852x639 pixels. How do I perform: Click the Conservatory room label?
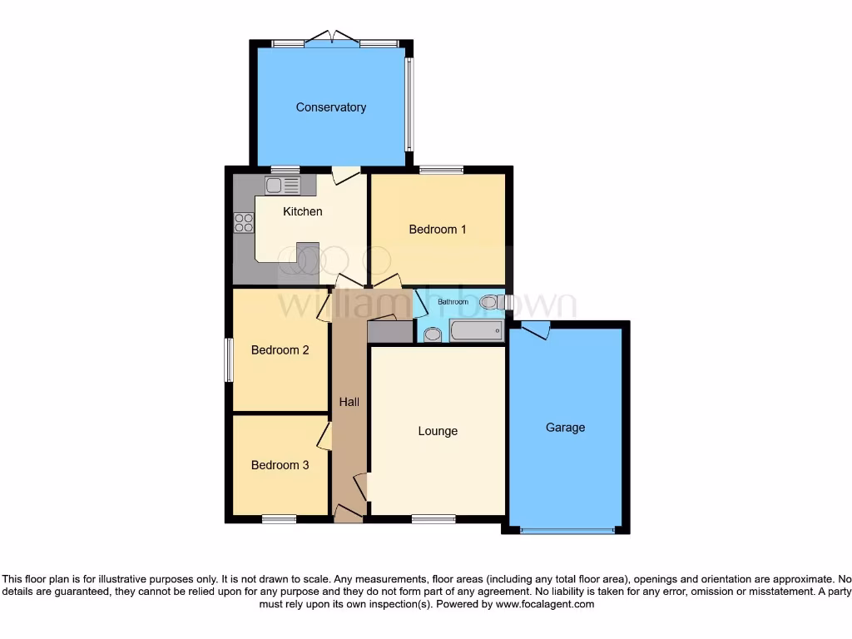(330, 107)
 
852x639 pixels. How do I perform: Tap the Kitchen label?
(302, 211)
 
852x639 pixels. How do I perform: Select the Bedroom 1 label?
(437, 229)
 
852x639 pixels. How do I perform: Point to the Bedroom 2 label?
(280, 350)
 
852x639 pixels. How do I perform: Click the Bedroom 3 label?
(280, 465)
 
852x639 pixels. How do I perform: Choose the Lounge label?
(438, 431)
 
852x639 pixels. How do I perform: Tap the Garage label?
(565, 428)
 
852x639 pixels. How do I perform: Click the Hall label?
(349, 402)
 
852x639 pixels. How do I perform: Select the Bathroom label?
(453, 301)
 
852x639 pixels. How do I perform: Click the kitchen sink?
(283, 185)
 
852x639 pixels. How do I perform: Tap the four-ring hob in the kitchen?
(244, 222)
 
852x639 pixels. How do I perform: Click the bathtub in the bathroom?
(476, 332)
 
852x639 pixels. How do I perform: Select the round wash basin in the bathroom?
(432, 334)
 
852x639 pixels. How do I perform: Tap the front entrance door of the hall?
(349, 513)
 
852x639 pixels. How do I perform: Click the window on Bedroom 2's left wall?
(228, 359)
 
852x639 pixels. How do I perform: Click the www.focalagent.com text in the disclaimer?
(544, 604)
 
